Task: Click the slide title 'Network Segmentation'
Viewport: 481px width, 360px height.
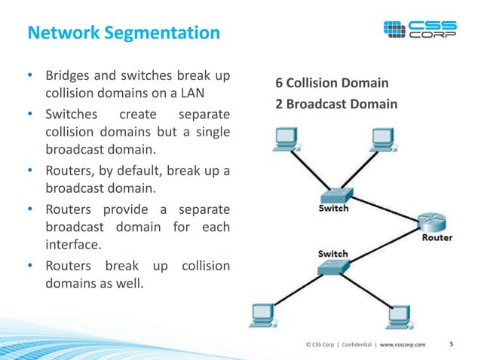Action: coord(124,33)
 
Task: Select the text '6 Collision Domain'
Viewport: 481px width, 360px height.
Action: coord(332,82)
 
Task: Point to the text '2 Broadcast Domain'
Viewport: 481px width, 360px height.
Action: coord(335,104)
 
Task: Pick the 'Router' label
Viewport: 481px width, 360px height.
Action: coord(437,238)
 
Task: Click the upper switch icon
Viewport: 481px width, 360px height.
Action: coord(333,194)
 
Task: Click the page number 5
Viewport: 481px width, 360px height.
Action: coord(451,344)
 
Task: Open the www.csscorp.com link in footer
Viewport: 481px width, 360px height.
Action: coord(403,345)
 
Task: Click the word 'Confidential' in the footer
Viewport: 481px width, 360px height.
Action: coord(357,345)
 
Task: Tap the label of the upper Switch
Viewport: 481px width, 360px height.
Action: coord(333,209)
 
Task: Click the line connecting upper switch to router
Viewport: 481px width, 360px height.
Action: coord(384,208)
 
